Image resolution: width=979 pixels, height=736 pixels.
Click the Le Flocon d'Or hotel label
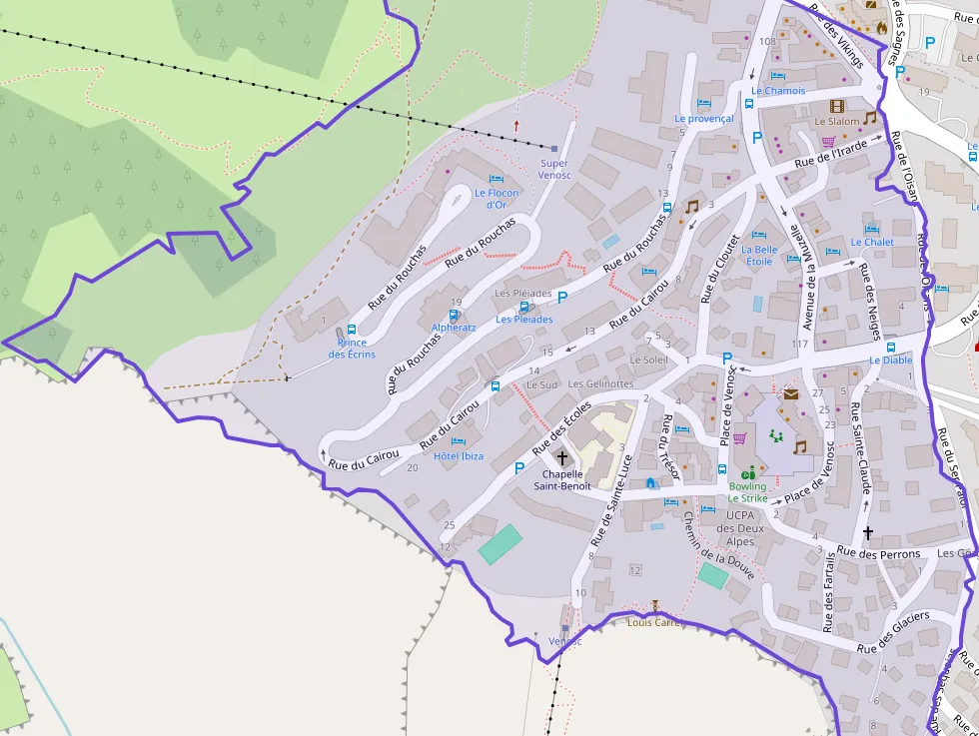point(496,199)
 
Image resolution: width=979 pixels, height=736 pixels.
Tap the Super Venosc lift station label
point(553,169)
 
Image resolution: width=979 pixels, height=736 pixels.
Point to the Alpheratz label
point(454,328)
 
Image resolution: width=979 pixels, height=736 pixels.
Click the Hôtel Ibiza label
point(459,456)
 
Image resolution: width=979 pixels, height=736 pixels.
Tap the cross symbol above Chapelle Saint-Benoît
point(561,458)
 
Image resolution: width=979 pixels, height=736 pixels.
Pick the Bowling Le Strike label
point(747,492)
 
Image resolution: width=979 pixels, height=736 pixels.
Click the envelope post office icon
point(791,394)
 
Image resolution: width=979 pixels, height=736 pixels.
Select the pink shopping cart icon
point(740,437)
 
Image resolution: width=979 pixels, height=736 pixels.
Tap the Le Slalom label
point(837,122)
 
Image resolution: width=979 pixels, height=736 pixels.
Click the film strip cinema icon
point(836,106)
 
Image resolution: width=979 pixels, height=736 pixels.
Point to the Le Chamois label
point(778,91)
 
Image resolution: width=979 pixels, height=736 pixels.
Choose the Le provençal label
point(703,118)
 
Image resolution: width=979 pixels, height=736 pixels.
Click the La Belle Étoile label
point(759,256)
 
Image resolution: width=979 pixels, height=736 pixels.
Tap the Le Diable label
point(890,361)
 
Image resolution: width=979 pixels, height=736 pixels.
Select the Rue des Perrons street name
point(878,553)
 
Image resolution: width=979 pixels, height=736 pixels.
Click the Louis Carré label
point(653,622)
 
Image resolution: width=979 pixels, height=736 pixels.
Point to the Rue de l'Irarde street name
point(831,153)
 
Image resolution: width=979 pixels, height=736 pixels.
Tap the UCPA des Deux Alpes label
point(739,528)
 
